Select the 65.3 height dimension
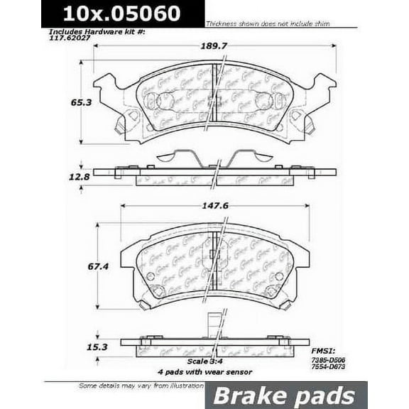point(60,102)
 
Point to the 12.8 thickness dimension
point(60,175)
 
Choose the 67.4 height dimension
point(60,268)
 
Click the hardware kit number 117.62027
point(70,40)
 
